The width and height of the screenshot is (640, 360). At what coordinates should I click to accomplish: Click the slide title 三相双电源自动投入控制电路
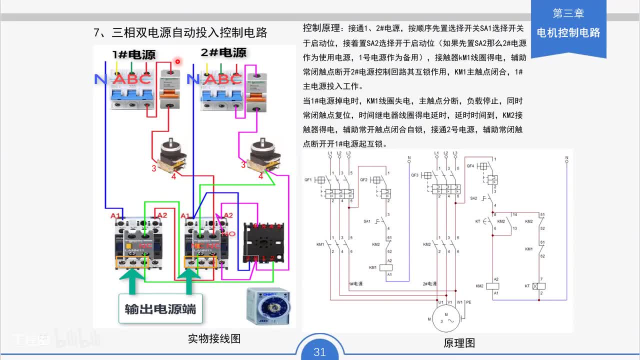tap(180, 33)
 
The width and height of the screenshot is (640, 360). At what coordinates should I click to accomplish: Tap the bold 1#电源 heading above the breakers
tap(133, 54)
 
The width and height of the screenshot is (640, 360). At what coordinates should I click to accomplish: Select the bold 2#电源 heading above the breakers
tap(223, 52)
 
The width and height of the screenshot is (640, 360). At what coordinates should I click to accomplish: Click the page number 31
tap(319, 352)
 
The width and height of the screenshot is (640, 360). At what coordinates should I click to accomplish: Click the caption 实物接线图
tap(214, 338)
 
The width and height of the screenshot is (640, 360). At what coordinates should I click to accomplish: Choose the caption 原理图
tap(459, 343)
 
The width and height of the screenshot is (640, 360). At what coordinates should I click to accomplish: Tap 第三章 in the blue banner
tap(568, 13)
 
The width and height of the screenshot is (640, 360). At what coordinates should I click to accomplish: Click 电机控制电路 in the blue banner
tap(568, 33)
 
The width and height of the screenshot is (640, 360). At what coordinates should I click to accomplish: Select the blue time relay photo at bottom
tap(267, 306)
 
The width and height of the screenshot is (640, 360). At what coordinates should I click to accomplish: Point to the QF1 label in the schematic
tap(308, 179)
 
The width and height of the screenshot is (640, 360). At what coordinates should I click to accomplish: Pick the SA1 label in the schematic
tap(367, 221)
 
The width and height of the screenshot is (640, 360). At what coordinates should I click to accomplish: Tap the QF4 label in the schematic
tap(470, 166)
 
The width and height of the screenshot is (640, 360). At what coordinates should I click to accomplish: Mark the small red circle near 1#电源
tap(177, 61)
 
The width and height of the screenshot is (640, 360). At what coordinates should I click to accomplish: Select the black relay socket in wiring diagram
tap(263, 242)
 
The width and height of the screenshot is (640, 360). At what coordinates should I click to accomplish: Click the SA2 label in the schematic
tap(473, 198)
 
